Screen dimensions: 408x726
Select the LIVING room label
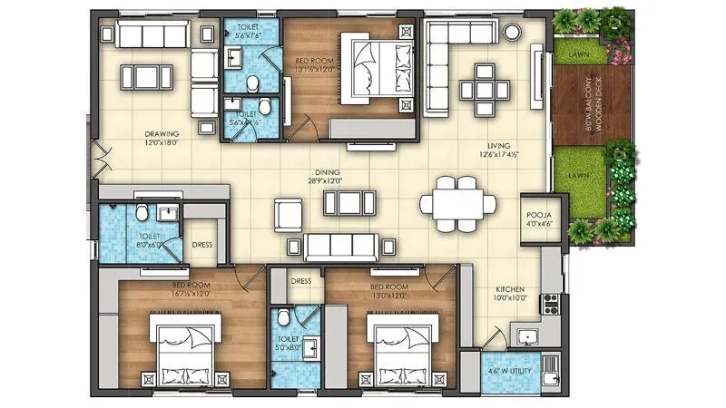coord(497,144)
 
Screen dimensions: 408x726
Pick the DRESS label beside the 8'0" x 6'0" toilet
coord(202,244)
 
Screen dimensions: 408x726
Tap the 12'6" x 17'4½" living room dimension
coord(497,154)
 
